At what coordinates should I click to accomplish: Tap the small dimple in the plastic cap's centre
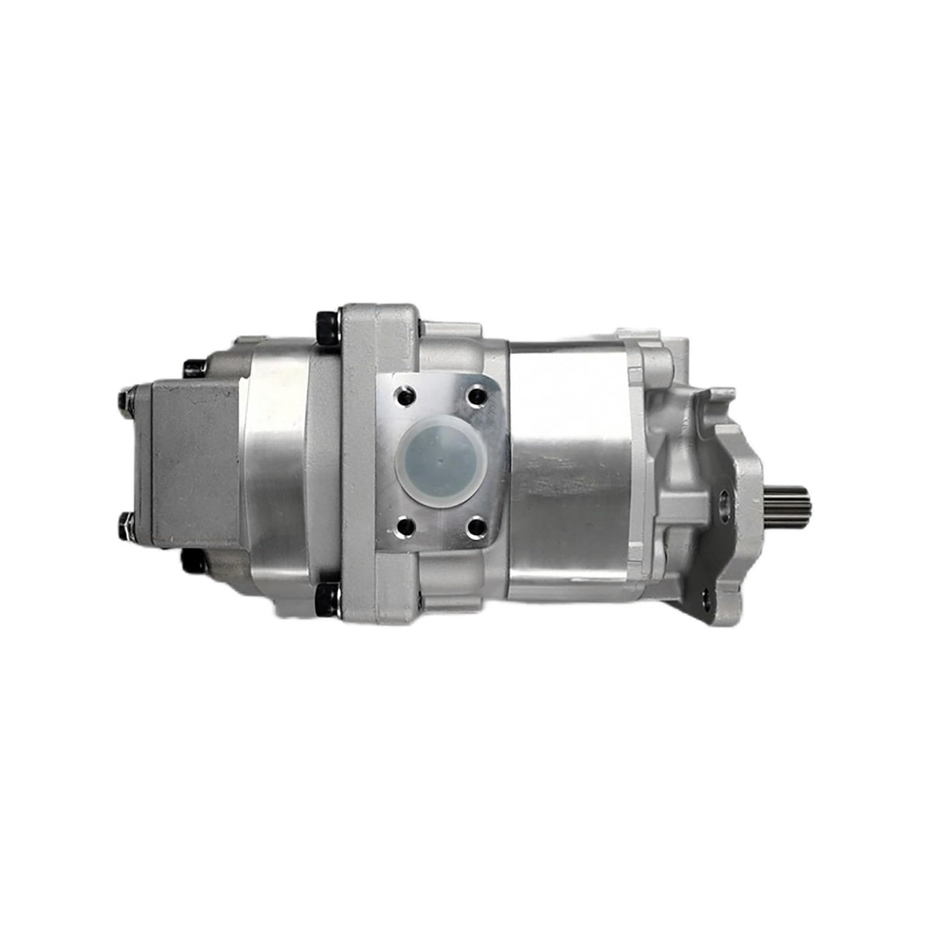[439, 458]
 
